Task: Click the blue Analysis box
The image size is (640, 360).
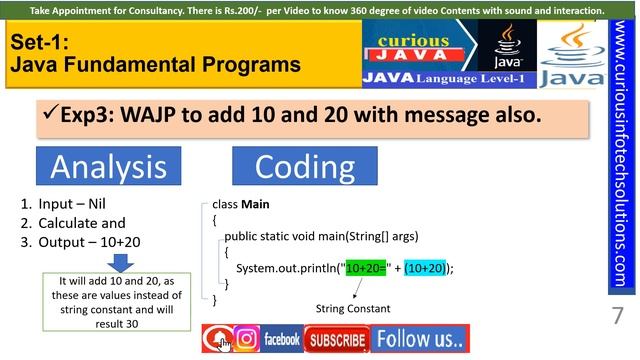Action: (108, 166)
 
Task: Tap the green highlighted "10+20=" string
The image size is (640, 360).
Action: (366, 268)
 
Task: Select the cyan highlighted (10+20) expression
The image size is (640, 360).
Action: (425, 268)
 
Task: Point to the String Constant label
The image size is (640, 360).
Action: (353, 309)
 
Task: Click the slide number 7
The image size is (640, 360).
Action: (616, 318)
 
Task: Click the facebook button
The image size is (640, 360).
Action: (282, 339)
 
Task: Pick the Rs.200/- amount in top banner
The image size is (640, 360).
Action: (245, 10)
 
